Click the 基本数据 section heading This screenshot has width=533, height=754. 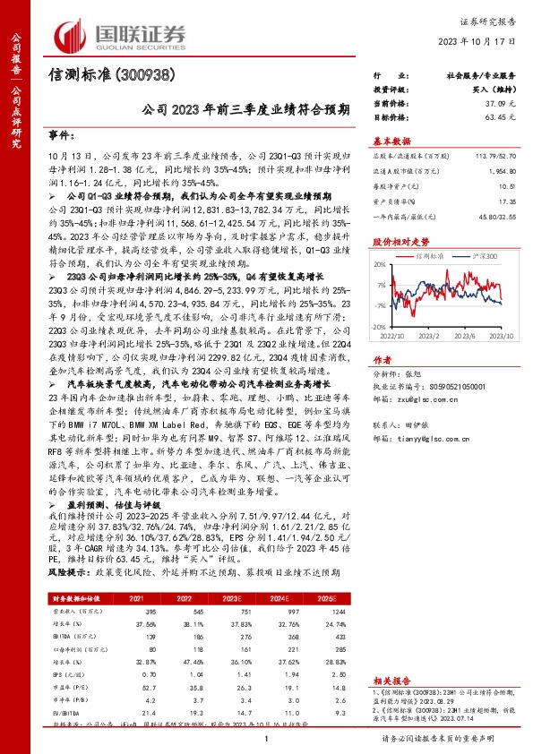[391, 141]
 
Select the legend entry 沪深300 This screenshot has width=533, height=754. [484, 255]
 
